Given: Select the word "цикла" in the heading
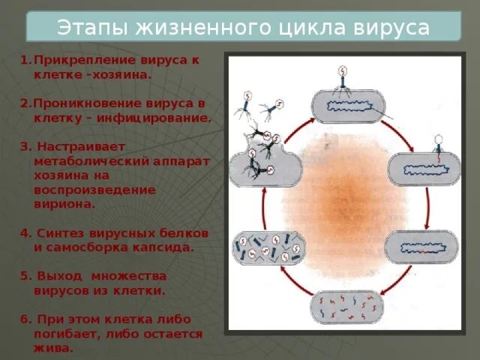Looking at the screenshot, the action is (314, 28).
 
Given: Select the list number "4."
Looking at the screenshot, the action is (25, 232).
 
